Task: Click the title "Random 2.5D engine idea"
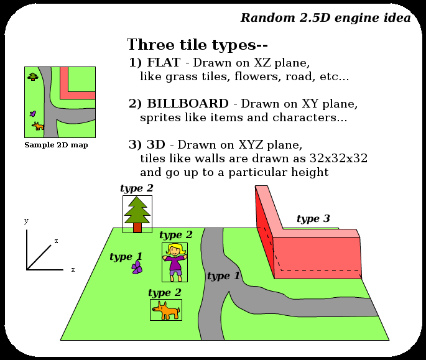click(325, 17)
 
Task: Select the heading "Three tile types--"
click(197, 45)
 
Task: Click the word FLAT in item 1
click(164, 63)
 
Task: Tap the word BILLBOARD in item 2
click(187, 103)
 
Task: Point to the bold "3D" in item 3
click(155, 144)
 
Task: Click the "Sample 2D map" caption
click(56, 145)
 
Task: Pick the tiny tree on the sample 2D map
click(33, 76)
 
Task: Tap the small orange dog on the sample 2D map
click(39, 126)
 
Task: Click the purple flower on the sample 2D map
click(33, 114)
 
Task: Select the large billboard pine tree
click(137, 213)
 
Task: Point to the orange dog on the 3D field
click(166, 310)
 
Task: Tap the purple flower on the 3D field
click(137, 267)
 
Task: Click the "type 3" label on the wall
click(313, 219)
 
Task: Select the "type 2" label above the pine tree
click(136, 188)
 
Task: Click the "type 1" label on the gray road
click(223, 276)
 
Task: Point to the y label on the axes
click(26, 221)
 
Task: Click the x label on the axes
click(73, 269)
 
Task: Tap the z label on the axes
click(56, 241)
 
